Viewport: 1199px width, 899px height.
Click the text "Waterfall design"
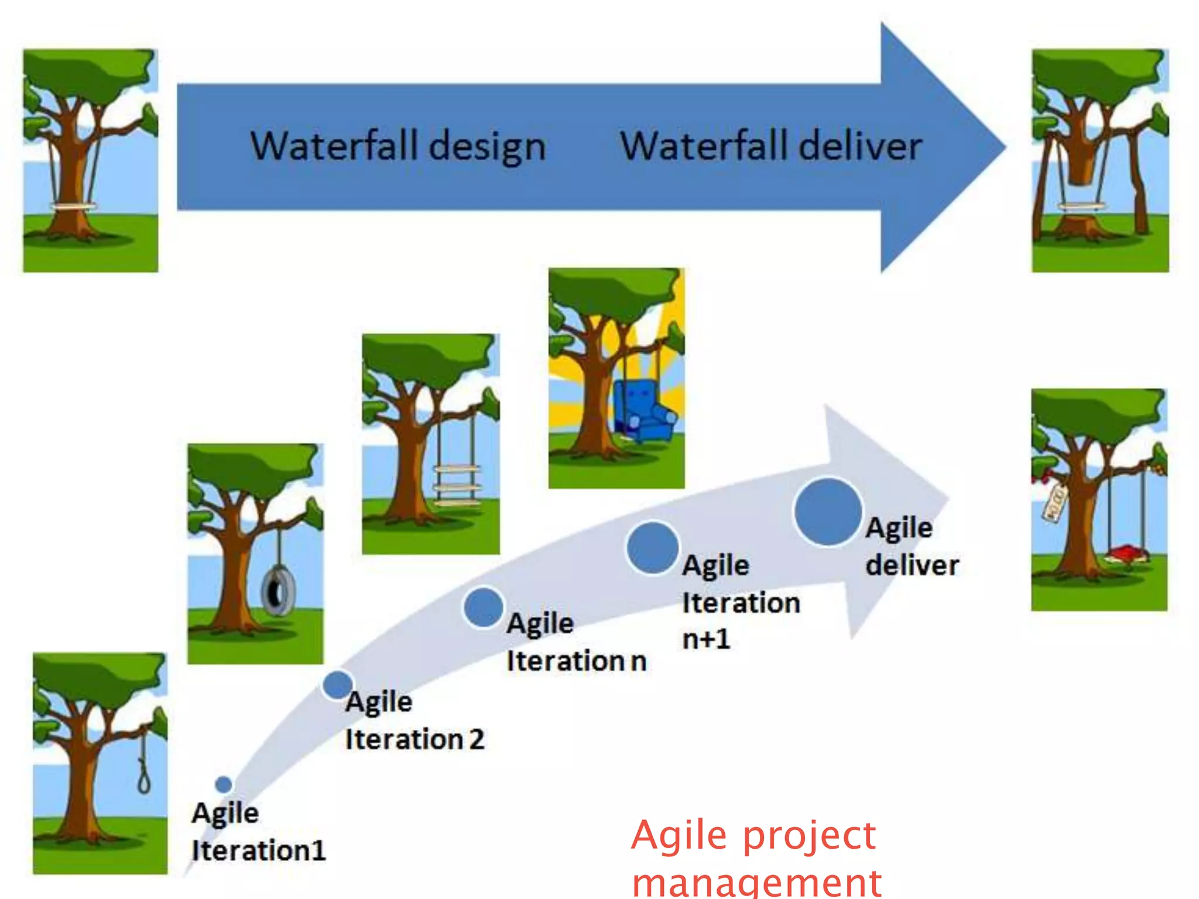click(398, 146)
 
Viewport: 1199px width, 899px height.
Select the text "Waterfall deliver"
click(771, 146)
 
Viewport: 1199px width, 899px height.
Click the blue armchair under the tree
click(643, 410)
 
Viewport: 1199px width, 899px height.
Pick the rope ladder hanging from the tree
click(457, 485)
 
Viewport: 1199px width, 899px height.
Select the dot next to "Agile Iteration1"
click(223, 784)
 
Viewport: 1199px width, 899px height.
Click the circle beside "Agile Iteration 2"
click(338, 684)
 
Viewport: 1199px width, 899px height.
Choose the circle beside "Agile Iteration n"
click(483, 608)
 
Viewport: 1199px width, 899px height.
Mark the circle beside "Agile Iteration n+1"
click(652, 548)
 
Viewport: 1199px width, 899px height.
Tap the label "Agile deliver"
click(911, 547)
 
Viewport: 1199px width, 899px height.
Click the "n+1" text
click(707, 639)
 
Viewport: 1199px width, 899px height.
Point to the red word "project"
click(810, 835)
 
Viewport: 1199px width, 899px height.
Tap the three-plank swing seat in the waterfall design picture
click(74, 206)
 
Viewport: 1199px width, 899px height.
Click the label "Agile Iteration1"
click(258, 831)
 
